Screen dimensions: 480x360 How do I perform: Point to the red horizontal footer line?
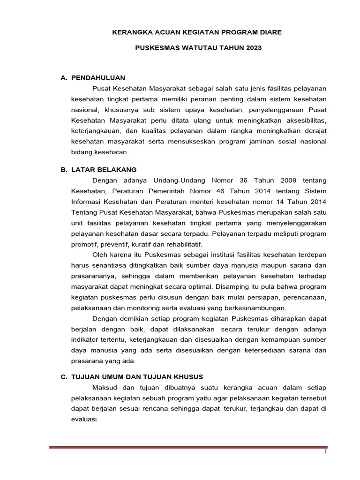point(187,448)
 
